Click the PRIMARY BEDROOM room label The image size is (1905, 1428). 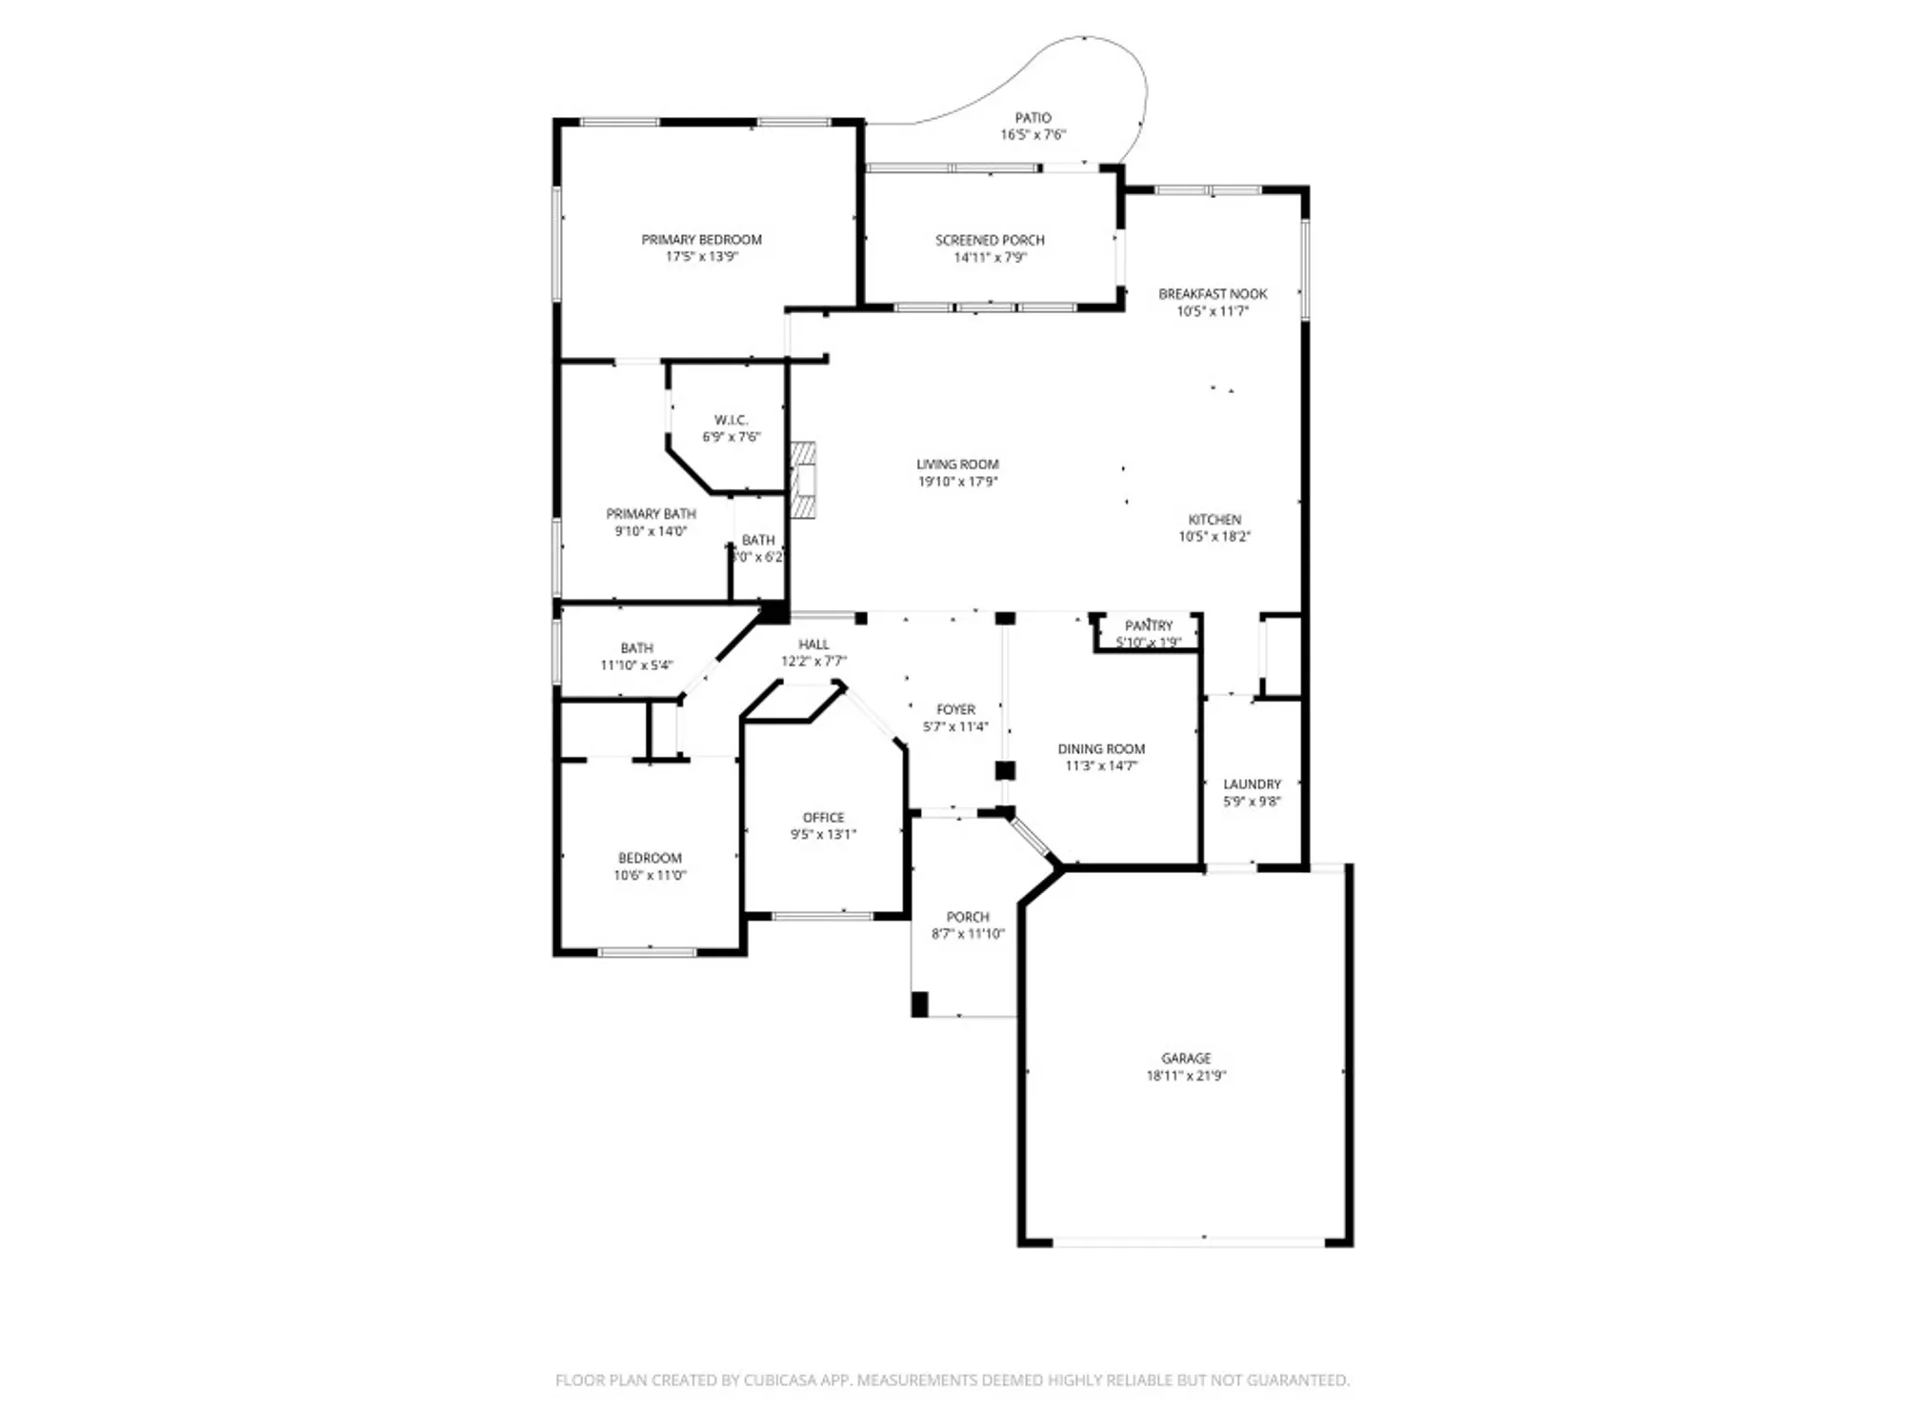[701, 240]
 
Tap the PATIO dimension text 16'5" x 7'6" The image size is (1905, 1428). [1033, 135]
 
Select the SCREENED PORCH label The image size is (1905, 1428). [990, 241]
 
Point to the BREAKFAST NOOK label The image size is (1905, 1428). [1213, 294]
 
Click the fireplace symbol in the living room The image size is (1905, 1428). [805, 481]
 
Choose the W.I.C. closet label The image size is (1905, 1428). [731, 420]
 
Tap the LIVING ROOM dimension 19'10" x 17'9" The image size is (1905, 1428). [957, 482]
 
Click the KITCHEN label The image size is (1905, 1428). [1214, 520]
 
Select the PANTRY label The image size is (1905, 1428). [1149, 625]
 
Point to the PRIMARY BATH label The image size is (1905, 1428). [651, 514]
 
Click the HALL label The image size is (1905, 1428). [813, 645]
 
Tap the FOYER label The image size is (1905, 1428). [955, 709]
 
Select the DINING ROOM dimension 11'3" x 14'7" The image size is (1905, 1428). [1101, 765]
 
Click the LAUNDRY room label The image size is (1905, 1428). [1252, 784]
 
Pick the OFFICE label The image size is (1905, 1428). [823, 818]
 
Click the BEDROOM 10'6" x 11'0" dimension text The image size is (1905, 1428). [650, 875]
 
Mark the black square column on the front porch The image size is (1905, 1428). [919, 1004]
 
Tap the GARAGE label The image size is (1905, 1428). [1186, 1059]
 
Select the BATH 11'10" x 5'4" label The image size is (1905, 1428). [636, 648]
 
